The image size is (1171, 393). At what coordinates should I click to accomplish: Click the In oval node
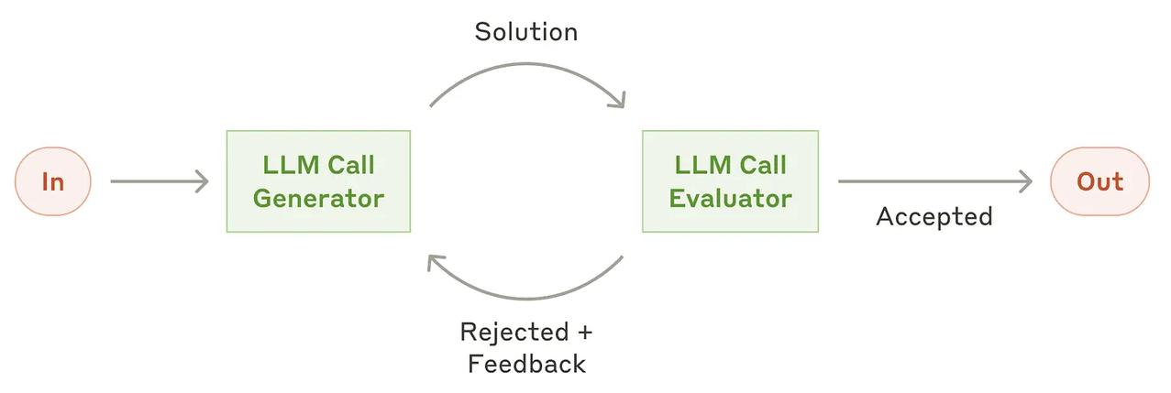click(53, 181)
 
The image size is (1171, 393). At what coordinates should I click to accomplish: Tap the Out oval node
click(1099, 181)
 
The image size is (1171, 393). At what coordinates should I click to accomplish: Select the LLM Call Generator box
click(318, 181)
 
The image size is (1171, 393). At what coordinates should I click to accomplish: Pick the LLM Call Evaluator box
click(730, 181)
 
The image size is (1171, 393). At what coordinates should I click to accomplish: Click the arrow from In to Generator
click(160, 181)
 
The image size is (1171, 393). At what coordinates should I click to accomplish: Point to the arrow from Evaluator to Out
click(935, 181)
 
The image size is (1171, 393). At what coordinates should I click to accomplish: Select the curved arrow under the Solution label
click(527, 65)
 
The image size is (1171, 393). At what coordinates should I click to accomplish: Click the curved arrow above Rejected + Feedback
click(527, 298)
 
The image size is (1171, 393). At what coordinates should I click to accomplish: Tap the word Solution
click(526, 32)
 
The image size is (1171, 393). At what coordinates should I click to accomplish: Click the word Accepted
click(934, 216)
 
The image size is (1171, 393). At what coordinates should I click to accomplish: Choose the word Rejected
click(514, 333)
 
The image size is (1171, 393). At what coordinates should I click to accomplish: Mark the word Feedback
click(526, 365)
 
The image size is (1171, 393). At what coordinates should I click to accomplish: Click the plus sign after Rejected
click(585, 333)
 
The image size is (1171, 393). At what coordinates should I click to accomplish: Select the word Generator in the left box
click(318, 199)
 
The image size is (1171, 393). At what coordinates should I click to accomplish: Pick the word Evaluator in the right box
click(730, 199)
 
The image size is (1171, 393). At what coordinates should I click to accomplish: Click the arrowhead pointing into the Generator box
click(203, 181)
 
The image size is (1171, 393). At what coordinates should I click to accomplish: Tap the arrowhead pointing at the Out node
click(1026, 181)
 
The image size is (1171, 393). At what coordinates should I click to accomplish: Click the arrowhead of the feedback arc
click(434, 262)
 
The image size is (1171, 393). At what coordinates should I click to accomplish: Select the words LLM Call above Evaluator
click(730, 166)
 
